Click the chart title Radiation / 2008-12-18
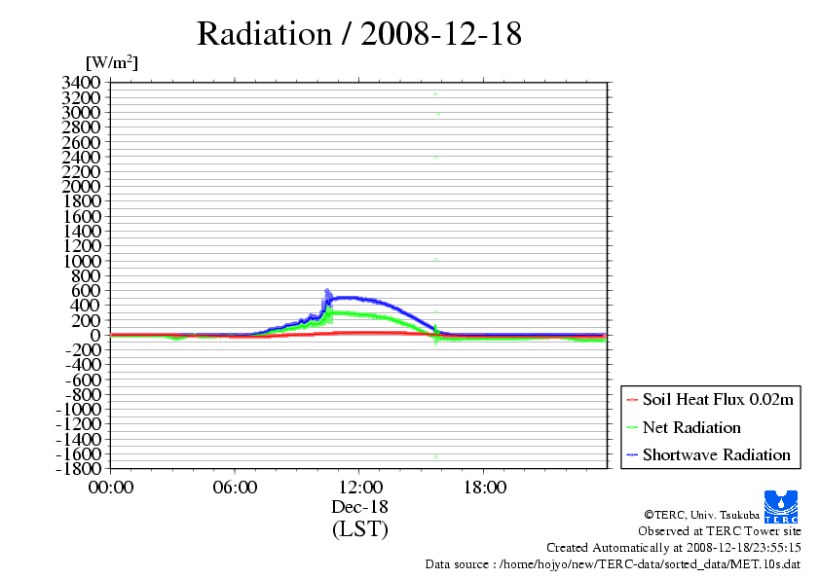pyautogui.click(x=359, y=34)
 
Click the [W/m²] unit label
pyautogui.click(x=111, y=63)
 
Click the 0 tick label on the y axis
pyautogui.click(x=96, y=335)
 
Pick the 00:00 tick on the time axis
pyautogui.click(x=111, y=488)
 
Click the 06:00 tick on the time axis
pyautogui.click(x=236, y=488)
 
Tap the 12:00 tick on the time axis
pyautogui.click(x=360, y=488)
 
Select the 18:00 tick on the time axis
pyautogui.click(x=484, y=488)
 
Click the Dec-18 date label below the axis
pyautogui.click(x=360, y=507)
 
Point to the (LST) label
pyautogui.click(x=360, y=529)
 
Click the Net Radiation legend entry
pyautogui.click(x=691, y=427)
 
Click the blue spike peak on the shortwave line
pyautogui.click(x=327, y=290)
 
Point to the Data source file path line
pyautogui.click(x=613, y=563)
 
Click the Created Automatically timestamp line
pyautogui.click(x=673, y=548)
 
